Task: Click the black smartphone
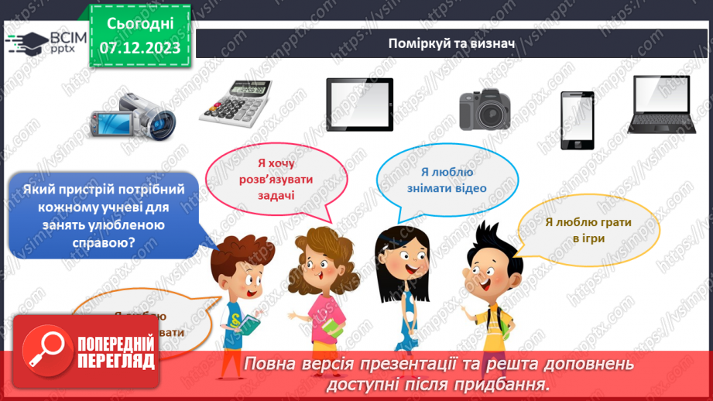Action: pyautogui.click(x=577, y=120)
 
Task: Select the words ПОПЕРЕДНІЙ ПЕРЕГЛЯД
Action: pyautogui.click(x=116, y=351)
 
